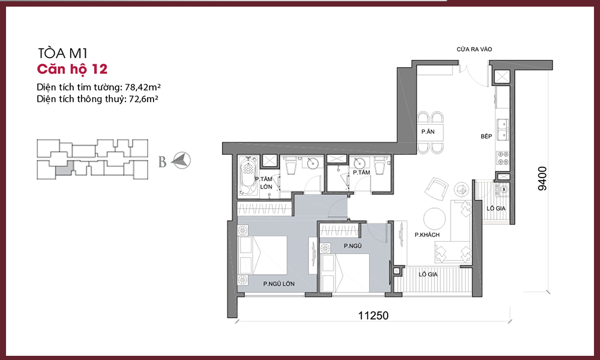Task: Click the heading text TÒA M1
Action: click(x=63, y=53)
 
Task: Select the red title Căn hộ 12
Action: click(x=72, y=69)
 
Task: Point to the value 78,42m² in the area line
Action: click(x=142, y=87)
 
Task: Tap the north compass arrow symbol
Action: click(x=181, y=160)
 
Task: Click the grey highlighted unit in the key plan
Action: click(x=64, y=169)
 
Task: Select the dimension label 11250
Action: click(x=373, y=315)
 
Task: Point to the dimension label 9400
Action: click(x=542, y=178)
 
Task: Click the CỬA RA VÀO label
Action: click(x=474, y=49)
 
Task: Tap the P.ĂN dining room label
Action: click(x=428, y=131)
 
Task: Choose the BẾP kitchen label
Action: click(x=487, y=136)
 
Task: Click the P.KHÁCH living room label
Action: click(x=427, y=235)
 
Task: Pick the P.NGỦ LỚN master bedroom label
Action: click(x=278, y=284)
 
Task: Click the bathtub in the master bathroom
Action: click(x=248, y=175)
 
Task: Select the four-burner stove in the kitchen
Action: click(x=502, y=158)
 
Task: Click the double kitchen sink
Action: click(x=502, y=130)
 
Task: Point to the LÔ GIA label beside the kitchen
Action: click(x=496, y=209)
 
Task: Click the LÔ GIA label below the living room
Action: click(x=428, y=274)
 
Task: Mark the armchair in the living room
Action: click(x=436, y=189)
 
